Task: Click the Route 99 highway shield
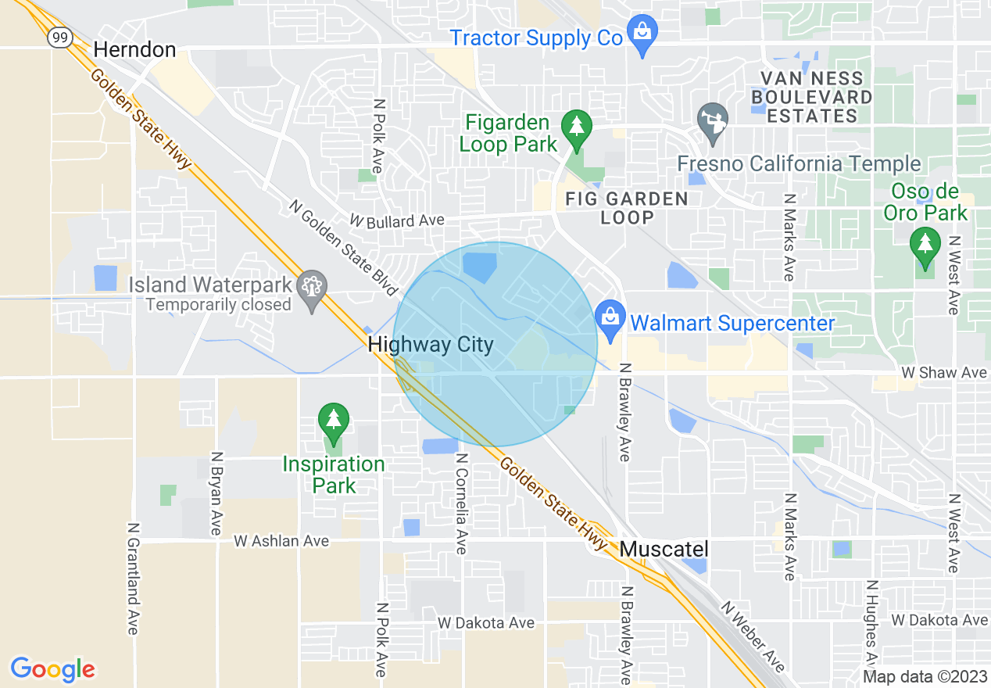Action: pyautogui.click(x=59, y=38)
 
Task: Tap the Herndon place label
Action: pyautogui.click(x=134, y=50)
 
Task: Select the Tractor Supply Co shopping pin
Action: pyautogui.click(x=642, y=34)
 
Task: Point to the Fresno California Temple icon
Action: pyautogui.click(x=712, y=121)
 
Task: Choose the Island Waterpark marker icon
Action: pyautogui.click(x=312, y=288)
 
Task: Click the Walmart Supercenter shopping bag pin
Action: pyautogui.click(x=608, y=318)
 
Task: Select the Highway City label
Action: pyautogui.click(x=431, y=345)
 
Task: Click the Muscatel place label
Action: pyautogui.click(x=664, y=550)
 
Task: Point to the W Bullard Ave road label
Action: pyautogui.click(x=397, y=221)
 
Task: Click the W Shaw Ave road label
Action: pyautogui.click(x=943, y=373)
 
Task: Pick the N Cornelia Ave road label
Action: pyautogui.click(x=461, y=504)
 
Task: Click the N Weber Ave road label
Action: pyautogui.click(x=753, y=636)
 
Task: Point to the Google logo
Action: pyautogui.click(x=53, y=669)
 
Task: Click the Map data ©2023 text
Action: pyautogui.click(x=925, y=677)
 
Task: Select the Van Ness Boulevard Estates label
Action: pyautogui.click(x=811, y=97)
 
